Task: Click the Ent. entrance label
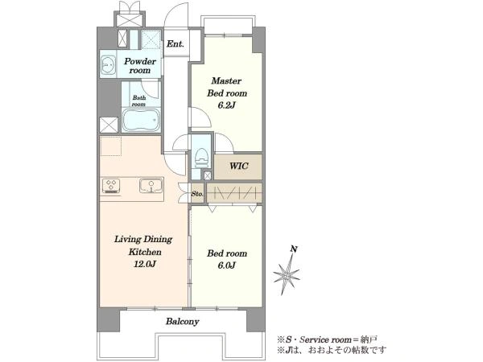[175, 43]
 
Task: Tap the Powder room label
[140, 66]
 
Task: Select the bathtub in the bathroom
[142, 121]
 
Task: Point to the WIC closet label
[238, 167]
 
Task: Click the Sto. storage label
[197, 194]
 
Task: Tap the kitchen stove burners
[111, 187]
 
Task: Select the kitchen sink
[151, 186]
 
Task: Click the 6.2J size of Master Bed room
[226, 105]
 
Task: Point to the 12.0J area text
[144, 264]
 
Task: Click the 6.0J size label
[226, 265]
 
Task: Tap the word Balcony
[183, 322]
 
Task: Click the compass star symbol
[287, 274]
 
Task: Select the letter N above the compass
[294, 249]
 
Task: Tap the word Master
[226, 81]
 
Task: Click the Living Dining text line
[143, 240]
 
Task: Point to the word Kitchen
[145, 252]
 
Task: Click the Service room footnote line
[327, 339]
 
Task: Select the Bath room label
[138, 101]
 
